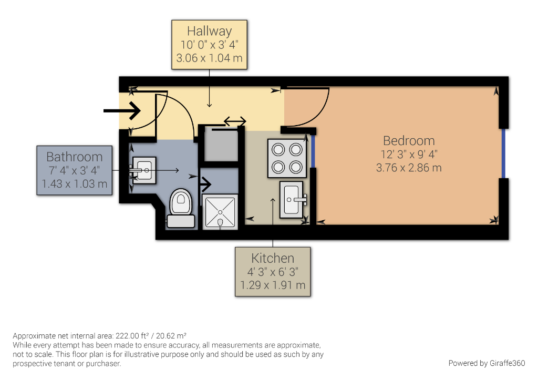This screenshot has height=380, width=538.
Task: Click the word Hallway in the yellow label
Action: click(x=209, y=31)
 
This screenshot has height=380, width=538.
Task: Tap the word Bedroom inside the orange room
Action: click(x=409, y=141)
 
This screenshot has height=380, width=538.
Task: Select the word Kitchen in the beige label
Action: click(x=273, y=258)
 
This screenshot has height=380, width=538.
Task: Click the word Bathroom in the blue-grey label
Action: click(x=75, y=157)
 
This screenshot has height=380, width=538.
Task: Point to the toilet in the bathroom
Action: click(x=181, y=208)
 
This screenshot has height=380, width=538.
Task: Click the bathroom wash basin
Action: click(x=144, y=170)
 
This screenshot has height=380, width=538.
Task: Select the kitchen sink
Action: click(x=291, y=199)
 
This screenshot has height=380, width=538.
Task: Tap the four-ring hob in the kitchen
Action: click(x=287, y=158)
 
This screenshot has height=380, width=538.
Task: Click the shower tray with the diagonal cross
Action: click(x=220, y=212)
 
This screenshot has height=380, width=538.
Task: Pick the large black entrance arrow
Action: click(x=122, y=110)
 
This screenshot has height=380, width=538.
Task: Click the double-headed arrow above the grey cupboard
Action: click(x=235, y=121)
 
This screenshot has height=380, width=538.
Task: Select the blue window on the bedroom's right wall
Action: click(x=503, y=153)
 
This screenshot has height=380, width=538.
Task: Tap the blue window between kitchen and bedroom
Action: click(x=313, y=151)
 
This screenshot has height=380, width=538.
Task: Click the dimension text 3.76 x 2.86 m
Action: click(x=409, y=168)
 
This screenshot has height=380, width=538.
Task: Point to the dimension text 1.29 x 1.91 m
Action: click(x=273, y=285)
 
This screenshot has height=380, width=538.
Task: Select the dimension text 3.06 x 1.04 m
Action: click(x=209, y=58)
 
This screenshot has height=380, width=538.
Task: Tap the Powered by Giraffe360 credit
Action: click(x=487, y=363)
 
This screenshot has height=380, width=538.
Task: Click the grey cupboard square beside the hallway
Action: click(x=221, y=145)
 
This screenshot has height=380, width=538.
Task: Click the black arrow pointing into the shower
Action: click(x=205, y=184)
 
